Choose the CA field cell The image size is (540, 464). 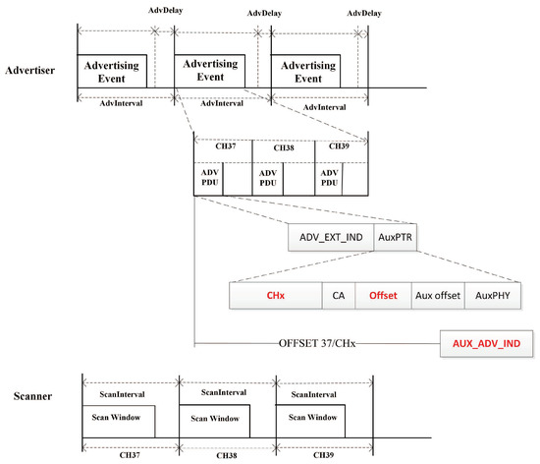pyautogui.click(x=339, y=294)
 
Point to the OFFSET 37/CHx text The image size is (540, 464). pyautogui.click(x=318, y=343)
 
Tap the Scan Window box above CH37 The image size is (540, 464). pyautogui.click(x=116, y=418)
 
